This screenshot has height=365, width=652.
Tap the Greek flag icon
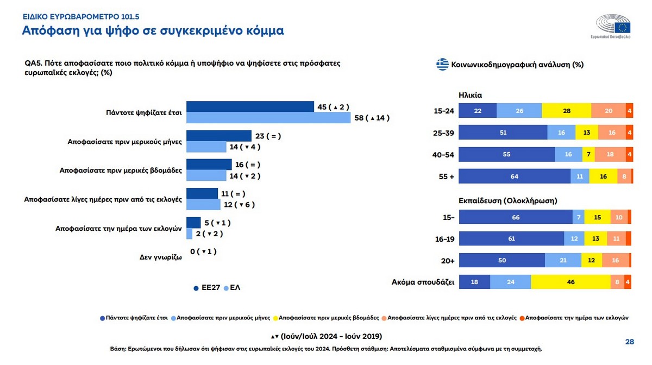[x=442, y=65]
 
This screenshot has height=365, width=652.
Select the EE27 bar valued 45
[x=250, y=107]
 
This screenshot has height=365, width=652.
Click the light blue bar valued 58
[x=268, y=118]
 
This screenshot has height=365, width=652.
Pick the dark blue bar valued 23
[x=218, y=136]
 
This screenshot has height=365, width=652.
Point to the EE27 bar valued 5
[x=193, y=222]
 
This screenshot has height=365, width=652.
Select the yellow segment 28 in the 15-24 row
[x=566, y=110]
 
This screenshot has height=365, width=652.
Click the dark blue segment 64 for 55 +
[x=514, y=177]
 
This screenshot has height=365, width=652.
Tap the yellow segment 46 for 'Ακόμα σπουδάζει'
[x=570, y=282]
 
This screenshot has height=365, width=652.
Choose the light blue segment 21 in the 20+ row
[x=563, y=260]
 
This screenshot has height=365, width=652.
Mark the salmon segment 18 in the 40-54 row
[x=610, y=155]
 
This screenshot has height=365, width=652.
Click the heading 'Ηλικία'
[x=470, y=95]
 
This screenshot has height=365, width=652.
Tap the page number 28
[x=630, y=342]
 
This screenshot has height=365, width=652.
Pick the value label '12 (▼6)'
[x=240, y=205]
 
